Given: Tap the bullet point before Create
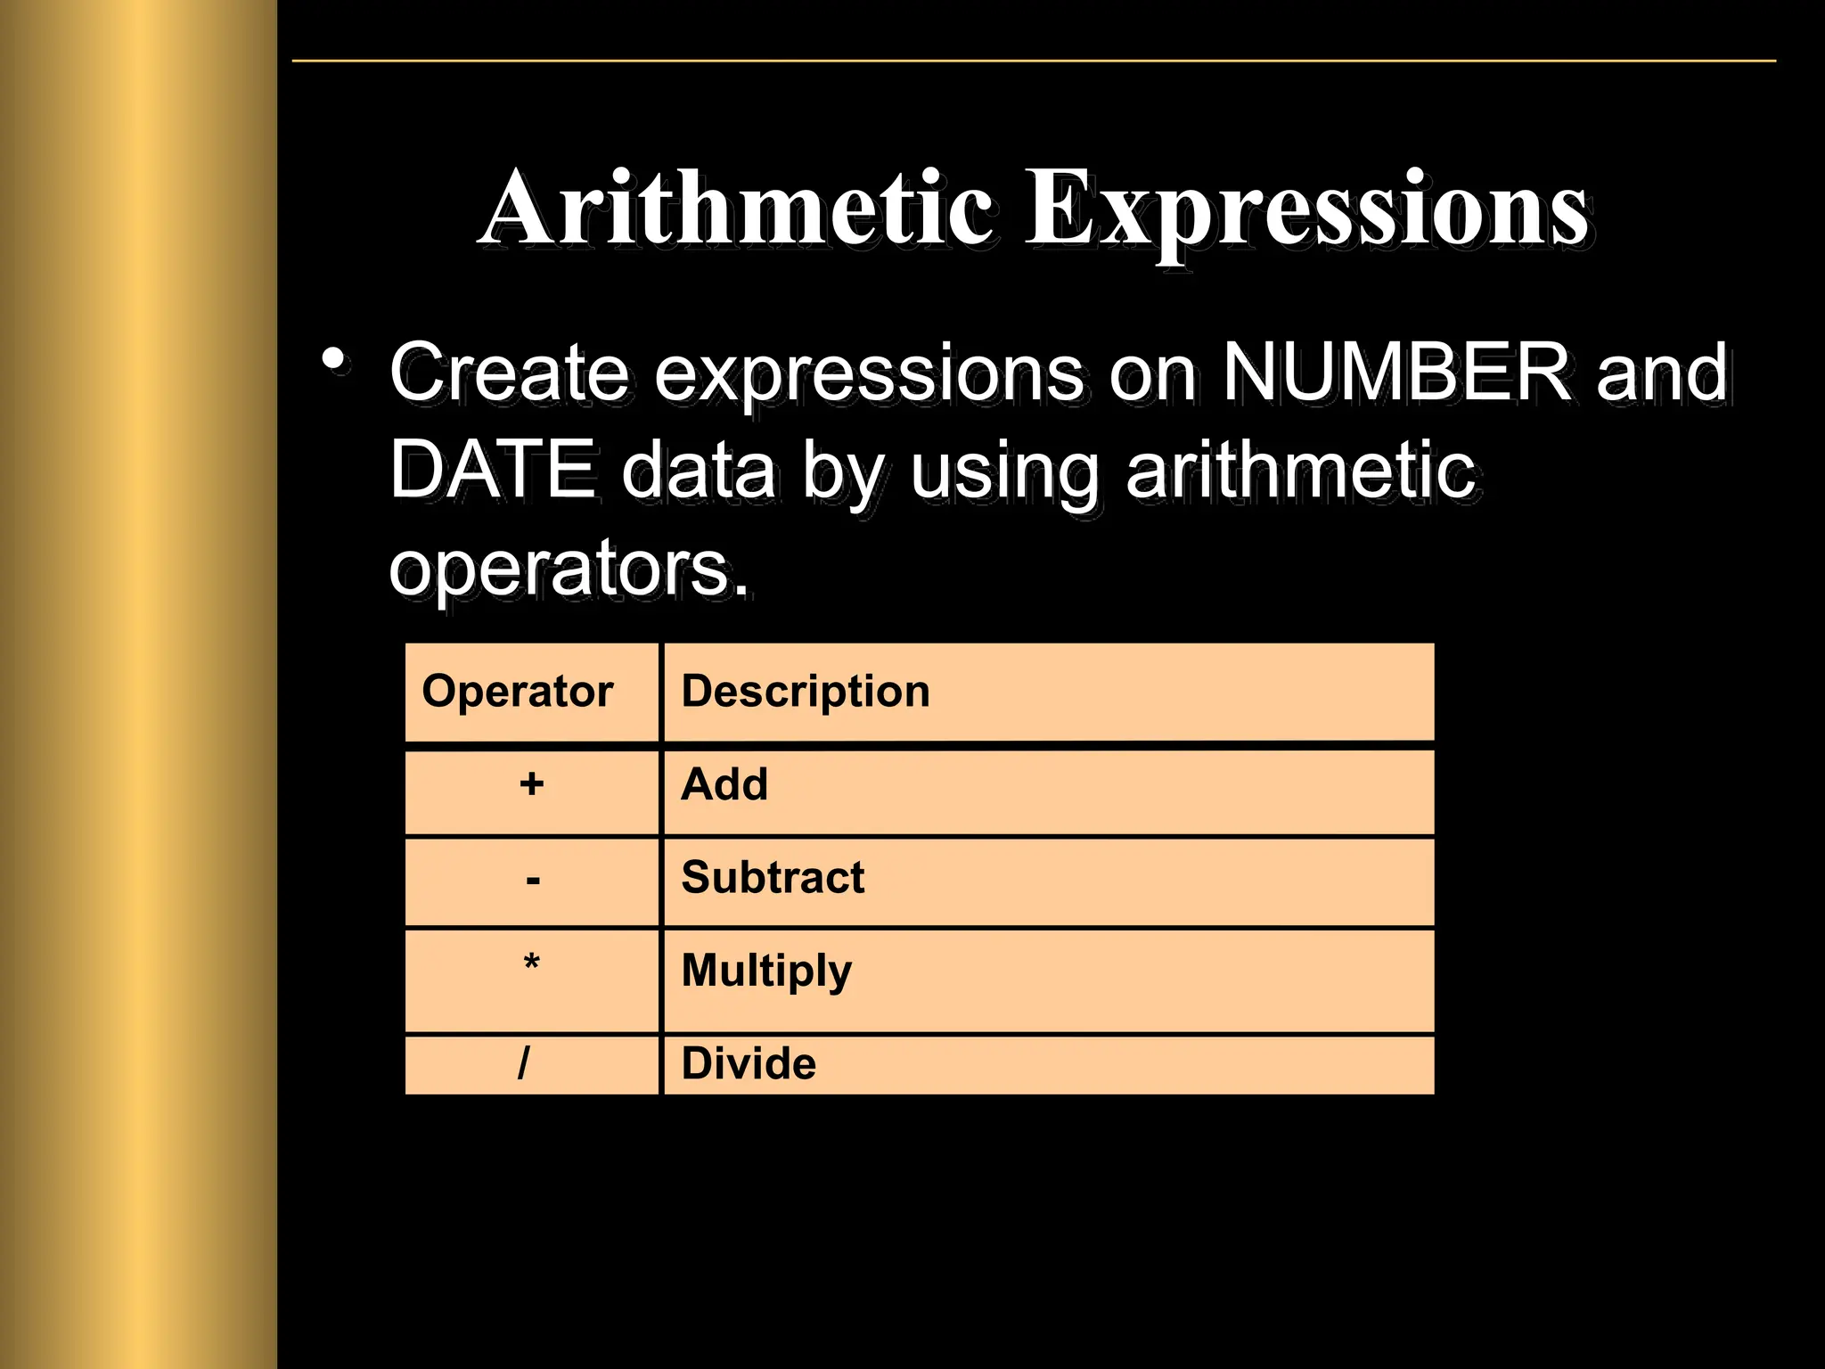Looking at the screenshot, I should pyautogui.click(x=334, y=361).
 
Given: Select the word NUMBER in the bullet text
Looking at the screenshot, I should pyautogui.click(x=1395, y=373).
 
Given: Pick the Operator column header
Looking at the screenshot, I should pyautogui.click(x=517, y=692).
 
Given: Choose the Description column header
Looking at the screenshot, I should pyautogui.click(x=805, y=692).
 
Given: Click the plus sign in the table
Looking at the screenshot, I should pyautogui.click(x=532, y=784).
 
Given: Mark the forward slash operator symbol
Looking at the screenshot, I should pyautogui.click(x=524, y=1062).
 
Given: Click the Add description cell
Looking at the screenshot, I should pyautogui.click(x=724, y=784).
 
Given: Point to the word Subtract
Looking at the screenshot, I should pyautogui.click(x=773, y=878).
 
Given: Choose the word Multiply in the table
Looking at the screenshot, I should pyautogui.click(x=766, y=971).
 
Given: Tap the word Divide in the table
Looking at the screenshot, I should pyautogui.click(x=749, y=1063).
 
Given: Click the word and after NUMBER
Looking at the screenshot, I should pyautogui.click(x=1662, y=373).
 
